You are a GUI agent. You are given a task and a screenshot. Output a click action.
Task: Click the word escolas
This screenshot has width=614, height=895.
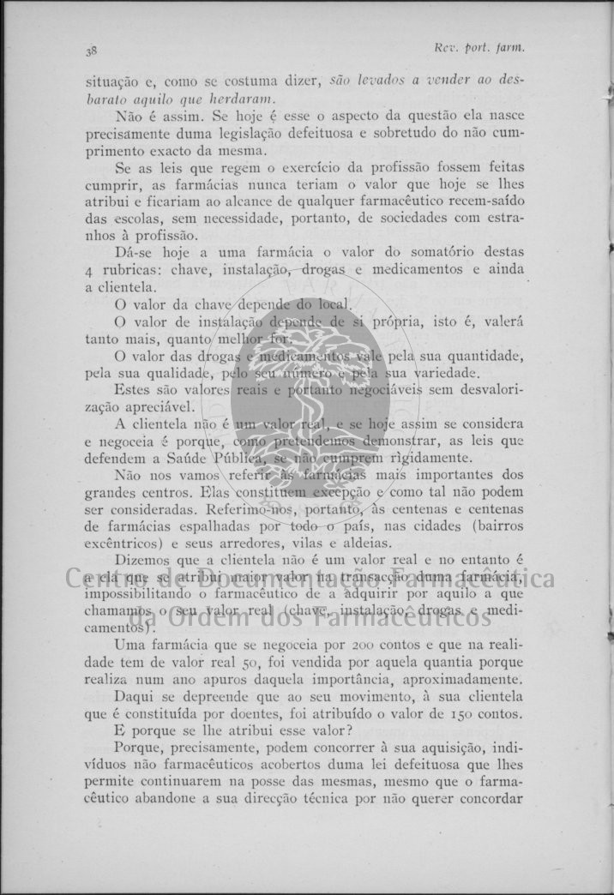pyautogui.click(x=133, y=219)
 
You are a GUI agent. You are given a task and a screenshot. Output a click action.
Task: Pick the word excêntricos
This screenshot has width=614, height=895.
pyautogui.click(x=125, y=544)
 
